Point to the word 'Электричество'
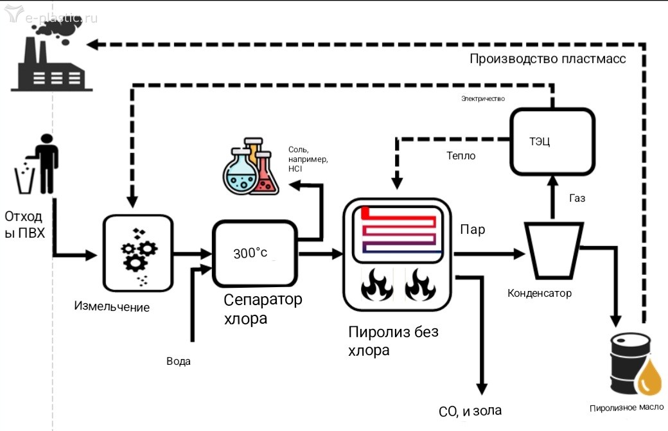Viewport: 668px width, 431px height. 483,99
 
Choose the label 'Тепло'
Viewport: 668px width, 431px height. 461,155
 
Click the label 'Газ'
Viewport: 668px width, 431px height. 577,198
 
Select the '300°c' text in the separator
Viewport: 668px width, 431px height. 250,253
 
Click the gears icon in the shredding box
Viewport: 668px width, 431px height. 139,254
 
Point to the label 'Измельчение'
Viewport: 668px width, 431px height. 112,307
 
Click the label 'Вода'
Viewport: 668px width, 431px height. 178,361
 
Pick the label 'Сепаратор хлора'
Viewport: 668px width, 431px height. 262,308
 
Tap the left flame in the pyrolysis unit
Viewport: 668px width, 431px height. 377,285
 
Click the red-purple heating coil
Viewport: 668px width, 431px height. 402,229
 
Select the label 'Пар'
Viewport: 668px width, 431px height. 472,229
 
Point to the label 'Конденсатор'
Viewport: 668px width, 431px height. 539,294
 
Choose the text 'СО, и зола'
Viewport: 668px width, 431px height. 470,411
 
